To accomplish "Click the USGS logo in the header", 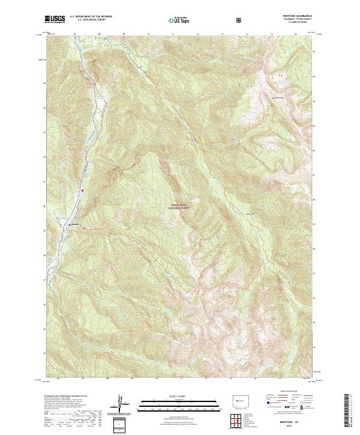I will (55, 19).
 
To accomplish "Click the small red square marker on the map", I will (83, 191).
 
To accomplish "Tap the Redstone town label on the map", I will (75, 225).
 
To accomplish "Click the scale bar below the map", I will (172, 402).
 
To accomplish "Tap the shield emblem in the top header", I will (240, 19).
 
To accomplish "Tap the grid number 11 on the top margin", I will (173, 34).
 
